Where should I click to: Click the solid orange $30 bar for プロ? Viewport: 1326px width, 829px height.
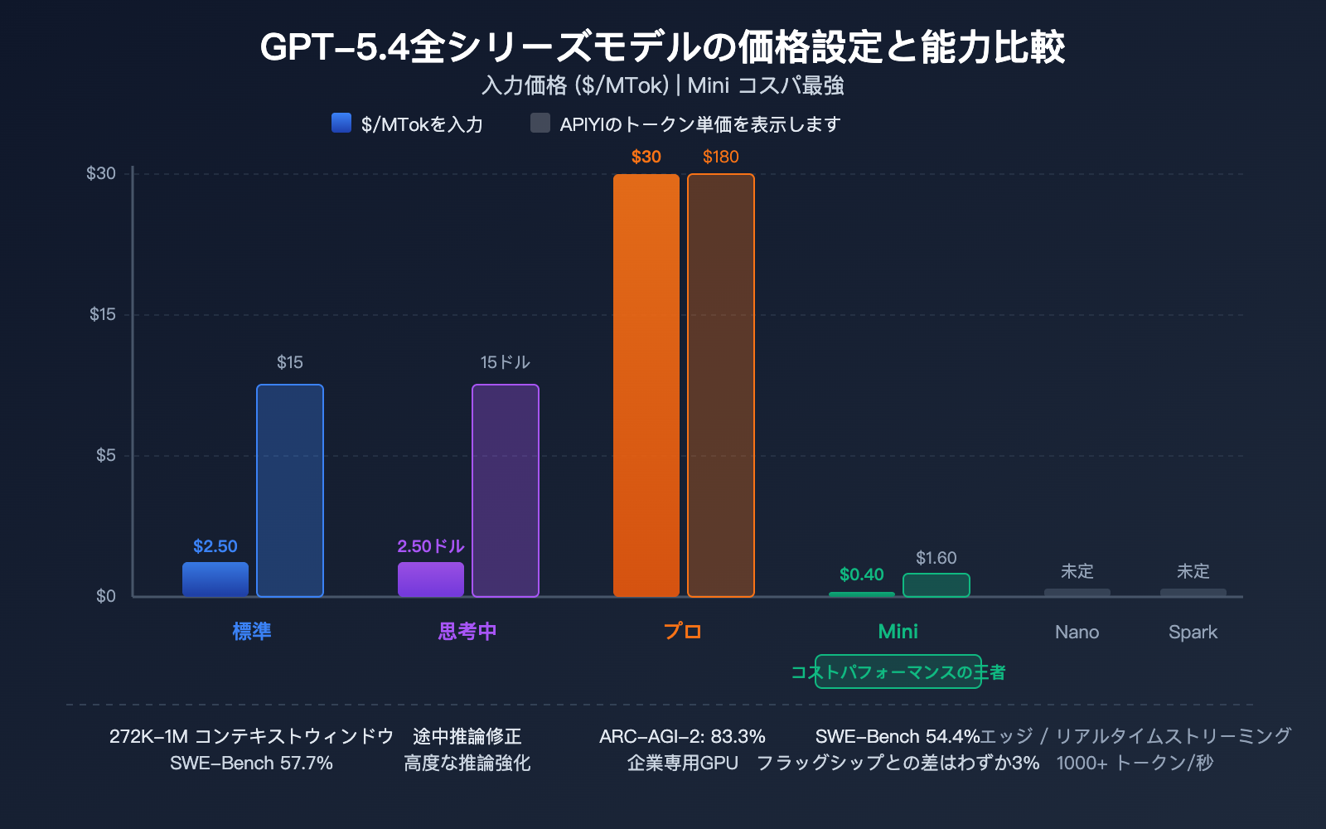[x=646, y=385]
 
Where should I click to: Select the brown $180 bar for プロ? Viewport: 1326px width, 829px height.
[x=720, y=385]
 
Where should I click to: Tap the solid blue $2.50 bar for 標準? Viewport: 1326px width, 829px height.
[x=215, y=579]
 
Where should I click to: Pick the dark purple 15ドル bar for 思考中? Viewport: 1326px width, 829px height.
[x=505, y=491]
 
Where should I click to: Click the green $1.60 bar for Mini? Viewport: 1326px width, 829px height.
[x=936, y=585]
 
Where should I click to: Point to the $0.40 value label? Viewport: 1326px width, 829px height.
[x=861, y=574]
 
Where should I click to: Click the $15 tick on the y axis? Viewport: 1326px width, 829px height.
[x=103, y=314]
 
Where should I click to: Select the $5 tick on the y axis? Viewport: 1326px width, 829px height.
[x=105, y=455]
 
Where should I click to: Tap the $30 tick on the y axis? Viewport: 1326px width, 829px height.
[x=101, y=173]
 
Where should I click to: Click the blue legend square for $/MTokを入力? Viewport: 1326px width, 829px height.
[x=341, y=123]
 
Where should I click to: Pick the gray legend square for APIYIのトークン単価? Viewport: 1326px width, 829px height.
[x=540, y=123]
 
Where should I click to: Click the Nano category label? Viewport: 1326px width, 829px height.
[x=1077, y=632]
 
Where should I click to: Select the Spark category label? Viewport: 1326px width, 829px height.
[x=1193, y=632]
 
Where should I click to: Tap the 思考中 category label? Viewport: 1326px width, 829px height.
[x=467, y=632]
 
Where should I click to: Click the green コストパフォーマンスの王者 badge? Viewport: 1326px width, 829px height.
[x=898, y=671]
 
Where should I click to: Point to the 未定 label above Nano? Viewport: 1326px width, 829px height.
[x=1077, y=571]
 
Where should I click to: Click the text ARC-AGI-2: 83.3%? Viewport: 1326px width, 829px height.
[x=682, y=736]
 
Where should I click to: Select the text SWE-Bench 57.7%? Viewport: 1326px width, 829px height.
[x=251, y=763]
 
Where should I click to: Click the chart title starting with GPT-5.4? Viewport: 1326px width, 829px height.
[x=662, y=46]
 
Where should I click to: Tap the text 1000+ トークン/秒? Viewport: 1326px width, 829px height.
[x=1135, y=763]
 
